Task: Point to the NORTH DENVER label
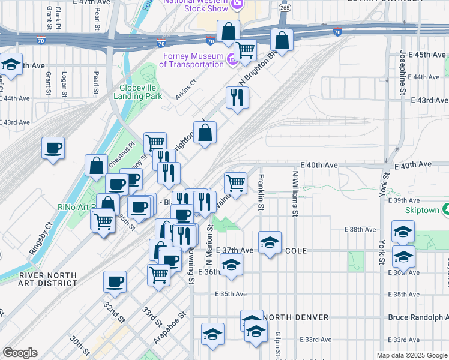[295, 317]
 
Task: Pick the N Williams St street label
[295, 192]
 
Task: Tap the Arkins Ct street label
[186, 88]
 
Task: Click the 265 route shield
[285, 8]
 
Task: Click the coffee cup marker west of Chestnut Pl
[53, 148]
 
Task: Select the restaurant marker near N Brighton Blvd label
[237, 97]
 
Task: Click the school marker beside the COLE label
[270, 242]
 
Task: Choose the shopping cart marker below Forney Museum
[244, 50]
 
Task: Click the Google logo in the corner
[20, 353]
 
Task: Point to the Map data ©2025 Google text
[411, 355]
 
